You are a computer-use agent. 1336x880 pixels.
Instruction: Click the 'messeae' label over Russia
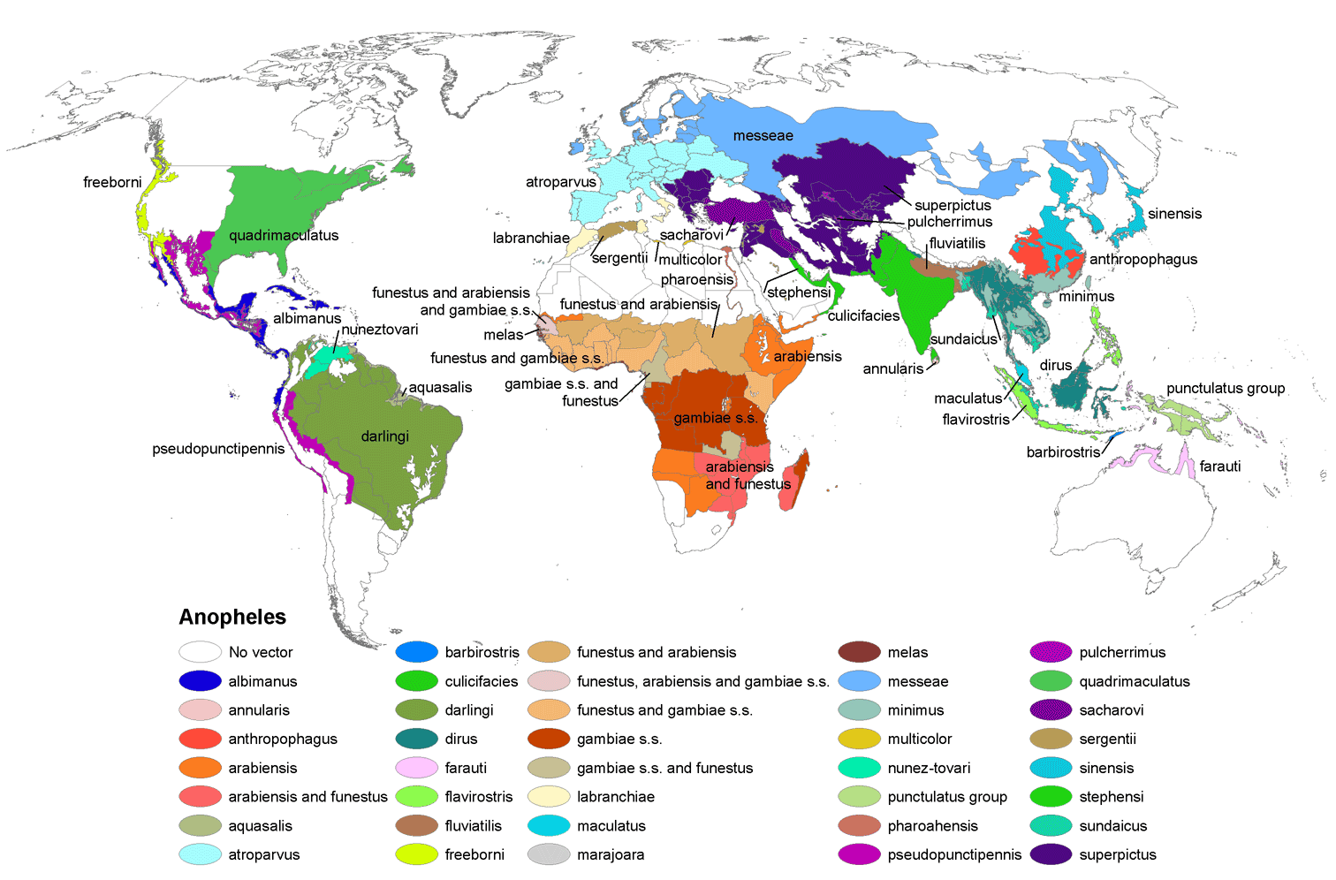(763, 136)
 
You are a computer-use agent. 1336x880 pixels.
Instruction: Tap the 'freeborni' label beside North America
(112, 183)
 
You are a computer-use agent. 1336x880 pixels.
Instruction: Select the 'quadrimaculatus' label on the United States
(284, 236)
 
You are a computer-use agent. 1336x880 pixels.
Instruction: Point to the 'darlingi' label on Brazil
(384, 436)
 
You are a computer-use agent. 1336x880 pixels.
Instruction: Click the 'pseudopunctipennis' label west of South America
(218, 449)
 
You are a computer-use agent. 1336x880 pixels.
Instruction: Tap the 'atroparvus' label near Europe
(560, 183)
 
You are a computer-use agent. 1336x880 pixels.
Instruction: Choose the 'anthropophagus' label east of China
(1142, 260)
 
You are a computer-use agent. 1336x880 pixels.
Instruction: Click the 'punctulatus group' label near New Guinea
(1225, 389)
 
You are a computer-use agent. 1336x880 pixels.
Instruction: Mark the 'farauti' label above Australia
(1219, 467)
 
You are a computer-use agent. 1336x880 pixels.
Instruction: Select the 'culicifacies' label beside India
(863, 316)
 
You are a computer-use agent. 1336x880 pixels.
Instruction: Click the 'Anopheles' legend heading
(232, 617)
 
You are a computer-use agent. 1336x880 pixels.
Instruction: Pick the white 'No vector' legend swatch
(200, 652)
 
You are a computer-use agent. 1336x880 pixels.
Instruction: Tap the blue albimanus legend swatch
(200, 681)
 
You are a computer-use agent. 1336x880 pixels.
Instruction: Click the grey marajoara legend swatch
(549, 854)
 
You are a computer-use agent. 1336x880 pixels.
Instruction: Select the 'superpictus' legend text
(1117, 854)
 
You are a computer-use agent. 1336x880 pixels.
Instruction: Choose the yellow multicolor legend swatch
(859, 739)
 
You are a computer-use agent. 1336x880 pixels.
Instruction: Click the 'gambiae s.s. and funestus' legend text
(664, 768)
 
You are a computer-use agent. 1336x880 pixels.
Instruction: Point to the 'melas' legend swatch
(859, 652)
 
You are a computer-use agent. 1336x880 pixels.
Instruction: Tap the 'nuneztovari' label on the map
(380, 330)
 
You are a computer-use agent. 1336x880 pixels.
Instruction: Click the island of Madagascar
(793, 482)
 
